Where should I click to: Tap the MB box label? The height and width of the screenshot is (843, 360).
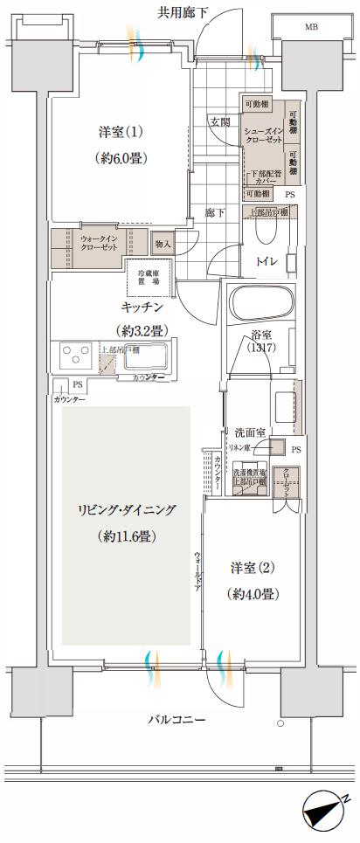pyautogui.click(x=311, y=28)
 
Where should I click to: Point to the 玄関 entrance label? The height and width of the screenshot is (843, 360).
pyautogui.click(x=219, y=122)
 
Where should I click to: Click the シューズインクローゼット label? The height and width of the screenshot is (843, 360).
pyautogui.click(x=263, y=139)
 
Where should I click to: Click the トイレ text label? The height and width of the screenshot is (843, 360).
pyautogui.click(x=267, y=261)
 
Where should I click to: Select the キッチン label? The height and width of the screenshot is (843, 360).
pyautogui.click(x=142, y=307)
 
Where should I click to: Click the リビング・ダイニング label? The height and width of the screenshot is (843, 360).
pyautogui.click(x=125, y=509)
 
